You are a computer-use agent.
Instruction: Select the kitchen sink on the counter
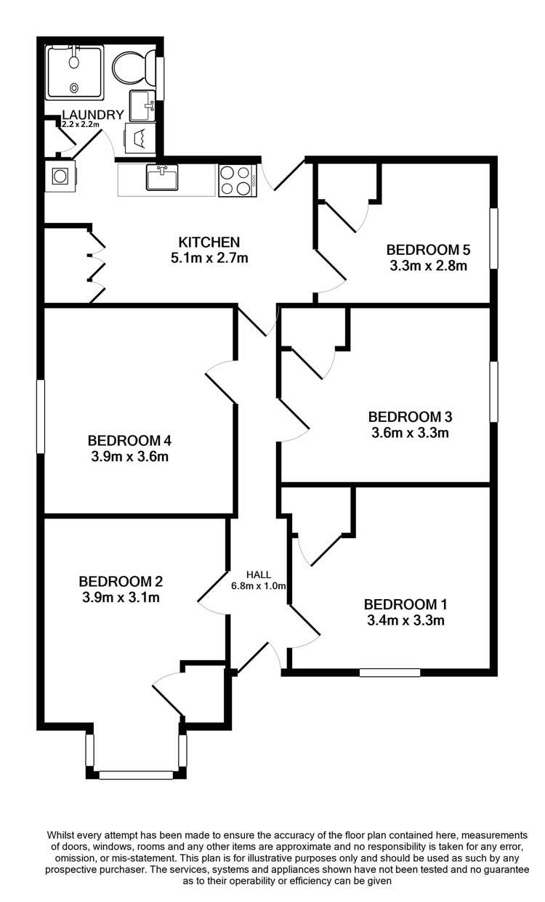(161, 177)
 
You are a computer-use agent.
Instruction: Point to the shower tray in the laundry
(75, 71)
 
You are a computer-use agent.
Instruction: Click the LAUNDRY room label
(92, 115)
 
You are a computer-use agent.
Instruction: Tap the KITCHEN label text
(209, 242)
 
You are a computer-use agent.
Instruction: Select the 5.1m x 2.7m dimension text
(209, 257)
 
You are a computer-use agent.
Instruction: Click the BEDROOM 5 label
(428, 251)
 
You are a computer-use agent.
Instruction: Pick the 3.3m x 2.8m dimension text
(428, 266)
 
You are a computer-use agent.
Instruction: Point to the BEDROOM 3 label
(410, 417)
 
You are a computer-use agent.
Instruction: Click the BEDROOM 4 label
(129, 440)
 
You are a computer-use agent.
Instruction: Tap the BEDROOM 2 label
(120, 582)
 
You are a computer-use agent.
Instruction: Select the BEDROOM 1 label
(405, 604)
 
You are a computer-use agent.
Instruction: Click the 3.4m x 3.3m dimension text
(405, 620)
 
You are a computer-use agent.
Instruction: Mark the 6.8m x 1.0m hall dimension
(258, 585)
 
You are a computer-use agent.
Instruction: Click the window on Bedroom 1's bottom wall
(389, 673)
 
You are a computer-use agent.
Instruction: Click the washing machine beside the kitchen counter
(61, 176)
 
